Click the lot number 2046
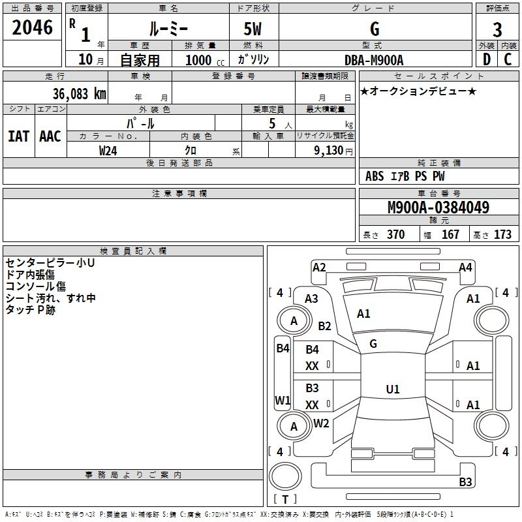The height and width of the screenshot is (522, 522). coord(33,28)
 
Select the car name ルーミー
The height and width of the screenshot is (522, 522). coord(168,29)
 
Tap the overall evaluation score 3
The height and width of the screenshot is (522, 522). coord(497,29)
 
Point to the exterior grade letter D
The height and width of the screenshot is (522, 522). coord(486,59)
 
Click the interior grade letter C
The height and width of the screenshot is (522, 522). coord(508,59)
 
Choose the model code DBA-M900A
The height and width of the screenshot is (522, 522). coord(375,60)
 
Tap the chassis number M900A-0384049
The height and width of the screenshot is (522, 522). coord(438,207)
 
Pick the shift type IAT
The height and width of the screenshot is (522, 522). coord(18,136)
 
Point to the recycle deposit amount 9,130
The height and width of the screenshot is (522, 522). coord(331,150)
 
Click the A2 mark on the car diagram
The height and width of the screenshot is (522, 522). coord(319,267)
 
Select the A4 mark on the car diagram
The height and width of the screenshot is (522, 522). coord(465,267)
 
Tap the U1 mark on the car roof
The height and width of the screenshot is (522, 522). coord(392,390)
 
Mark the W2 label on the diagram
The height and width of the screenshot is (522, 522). coord(321,423)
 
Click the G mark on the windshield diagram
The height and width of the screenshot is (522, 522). coord(373,344)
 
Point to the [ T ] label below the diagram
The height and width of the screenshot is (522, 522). coord(285,500)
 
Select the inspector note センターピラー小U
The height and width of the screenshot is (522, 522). coord(50,263)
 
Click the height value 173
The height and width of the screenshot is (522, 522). coord(502,235)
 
